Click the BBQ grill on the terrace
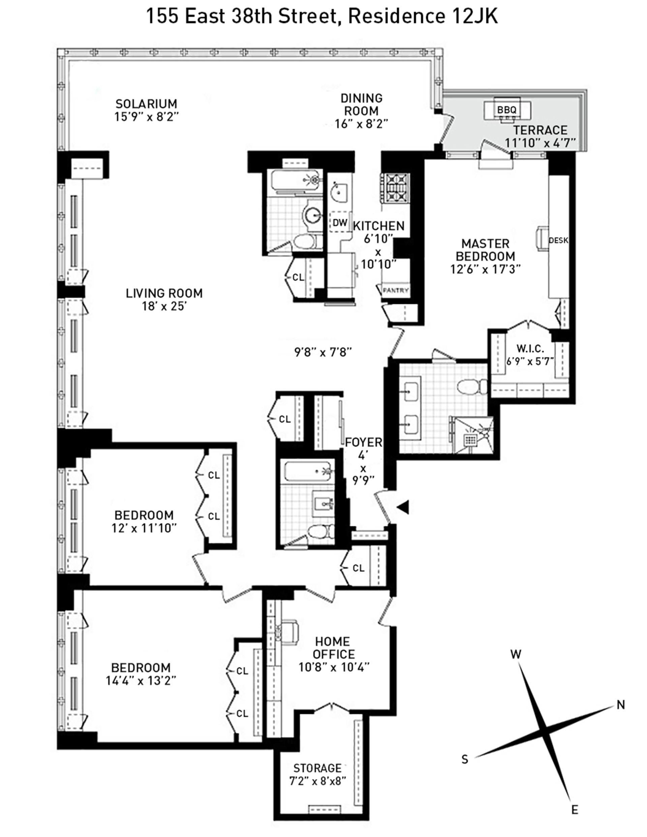click(507, 110)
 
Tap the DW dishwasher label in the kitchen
click(340, 222)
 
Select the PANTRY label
click(396, 290)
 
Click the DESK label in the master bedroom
click(558, 241)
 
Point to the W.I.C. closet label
click(530, 348)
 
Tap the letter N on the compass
click(621, 704)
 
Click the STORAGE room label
click(317, 768)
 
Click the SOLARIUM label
click(147, 104)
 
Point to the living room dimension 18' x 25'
click(164, 306)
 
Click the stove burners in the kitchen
click(395, 188)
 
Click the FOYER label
click(363, 442)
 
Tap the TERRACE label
click(541, 130)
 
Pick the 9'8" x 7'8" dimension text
click(323, 351)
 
